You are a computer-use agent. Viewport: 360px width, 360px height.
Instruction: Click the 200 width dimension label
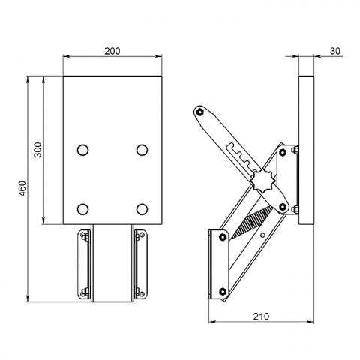click(112, 51)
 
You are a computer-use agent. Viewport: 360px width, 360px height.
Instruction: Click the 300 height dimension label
click(37, 150)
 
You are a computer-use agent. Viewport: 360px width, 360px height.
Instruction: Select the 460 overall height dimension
click(22, 189)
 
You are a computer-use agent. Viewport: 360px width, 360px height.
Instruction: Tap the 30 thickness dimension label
click(335, 51)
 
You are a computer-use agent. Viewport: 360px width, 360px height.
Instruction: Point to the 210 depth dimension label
click(261, 316)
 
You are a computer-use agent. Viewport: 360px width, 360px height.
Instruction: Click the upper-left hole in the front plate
click(82, 150)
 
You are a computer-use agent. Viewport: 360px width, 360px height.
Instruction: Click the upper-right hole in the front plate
click(142, 150)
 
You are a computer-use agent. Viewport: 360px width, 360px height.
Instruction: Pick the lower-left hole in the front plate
click(82, 209)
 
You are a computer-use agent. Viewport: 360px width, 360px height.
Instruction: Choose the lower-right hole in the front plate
click(142, 209)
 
